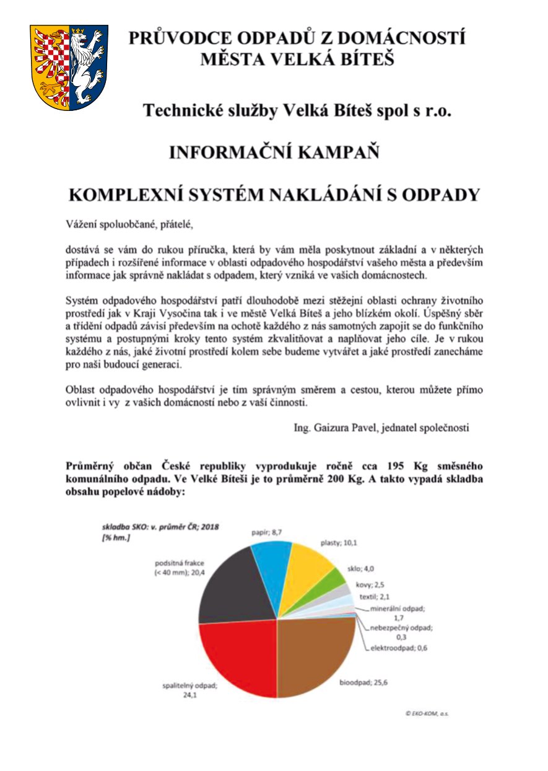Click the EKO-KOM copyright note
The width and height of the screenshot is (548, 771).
coord(427,713)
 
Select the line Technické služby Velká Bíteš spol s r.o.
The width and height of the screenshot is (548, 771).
coord(297,111)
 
